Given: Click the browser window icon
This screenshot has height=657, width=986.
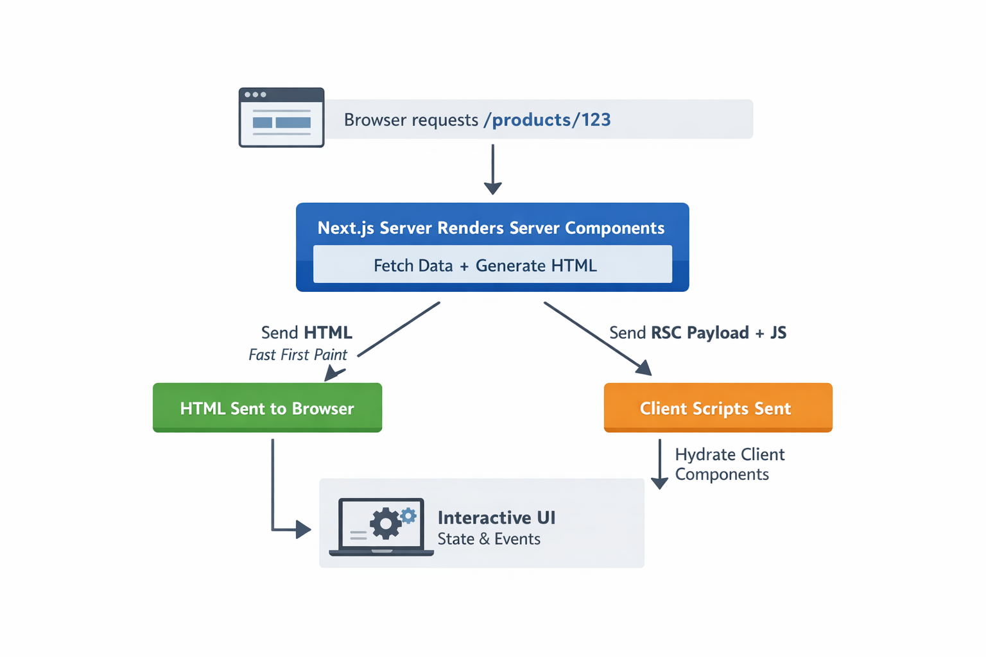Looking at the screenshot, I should click(x=281, y=118).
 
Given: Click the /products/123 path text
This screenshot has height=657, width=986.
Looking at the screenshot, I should click(x=551, y=120).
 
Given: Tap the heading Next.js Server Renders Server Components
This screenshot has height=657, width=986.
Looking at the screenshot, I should click(x=491, y=228).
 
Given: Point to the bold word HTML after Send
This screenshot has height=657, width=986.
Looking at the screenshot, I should click(x=328, y=332).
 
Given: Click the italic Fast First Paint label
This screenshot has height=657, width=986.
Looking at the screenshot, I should click(x=298, y=355).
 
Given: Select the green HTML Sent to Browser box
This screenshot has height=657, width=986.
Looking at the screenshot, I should click(x=267, y=408).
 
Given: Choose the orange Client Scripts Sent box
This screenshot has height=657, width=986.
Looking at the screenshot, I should click(x=718, y=408).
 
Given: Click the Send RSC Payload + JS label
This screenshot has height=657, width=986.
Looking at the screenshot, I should click(x=698, y=332).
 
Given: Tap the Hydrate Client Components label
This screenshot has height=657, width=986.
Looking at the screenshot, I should click(x=729, y=464).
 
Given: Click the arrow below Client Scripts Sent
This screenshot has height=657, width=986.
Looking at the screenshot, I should click(x=659, y=463).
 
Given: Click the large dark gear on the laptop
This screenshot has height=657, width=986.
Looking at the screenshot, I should click(x=385, y=524).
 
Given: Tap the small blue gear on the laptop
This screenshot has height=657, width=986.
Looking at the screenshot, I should click(x=408, y=515).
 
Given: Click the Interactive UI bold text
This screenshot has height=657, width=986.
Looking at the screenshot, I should click(x=496, y=518).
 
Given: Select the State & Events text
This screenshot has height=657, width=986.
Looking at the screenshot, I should click(x=489, y=539).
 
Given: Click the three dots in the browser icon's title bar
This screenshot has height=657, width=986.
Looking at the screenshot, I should click(x=255, y=95).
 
